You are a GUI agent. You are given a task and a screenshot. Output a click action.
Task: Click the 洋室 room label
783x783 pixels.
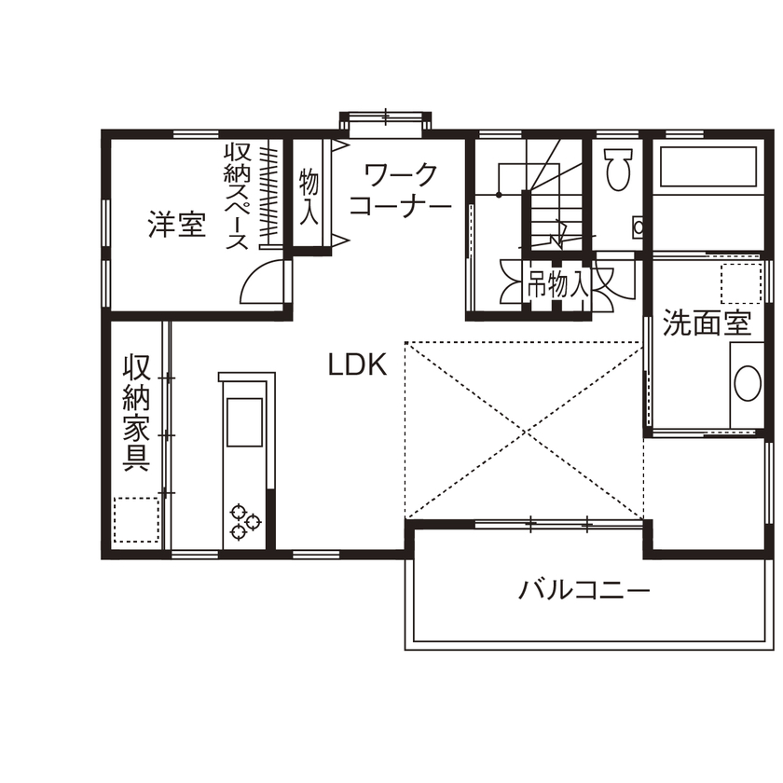176,225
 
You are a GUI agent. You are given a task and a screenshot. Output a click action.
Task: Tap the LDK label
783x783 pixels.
356,364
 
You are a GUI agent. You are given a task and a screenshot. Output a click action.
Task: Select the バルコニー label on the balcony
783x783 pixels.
584,591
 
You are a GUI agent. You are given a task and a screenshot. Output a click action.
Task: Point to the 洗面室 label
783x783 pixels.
707,323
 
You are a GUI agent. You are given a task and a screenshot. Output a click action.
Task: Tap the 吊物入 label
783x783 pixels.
556,285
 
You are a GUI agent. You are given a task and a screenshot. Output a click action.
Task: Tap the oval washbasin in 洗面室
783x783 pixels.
747,383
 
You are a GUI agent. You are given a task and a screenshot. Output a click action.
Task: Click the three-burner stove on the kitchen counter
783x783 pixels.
244,522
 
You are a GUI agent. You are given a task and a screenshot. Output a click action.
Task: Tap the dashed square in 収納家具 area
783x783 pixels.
136,519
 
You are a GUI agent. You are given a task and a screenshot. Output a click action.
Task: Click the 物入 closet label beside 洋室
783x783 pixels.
309,196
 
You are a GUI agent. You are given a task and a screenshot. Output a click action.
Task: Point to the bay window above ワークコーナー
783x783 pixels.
385,120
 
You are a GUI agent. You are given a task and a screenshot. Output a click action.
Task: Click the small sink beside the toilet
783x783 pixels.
639,227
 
